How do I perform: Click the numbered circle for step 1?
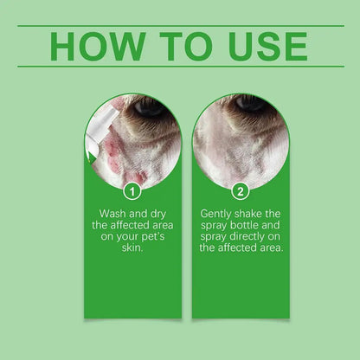132,190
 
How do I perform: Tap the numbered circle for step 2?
241,190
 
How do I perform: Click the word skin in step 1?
133,247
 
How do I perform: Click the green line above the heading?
180,26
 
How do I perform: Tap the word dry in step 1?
164,212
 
